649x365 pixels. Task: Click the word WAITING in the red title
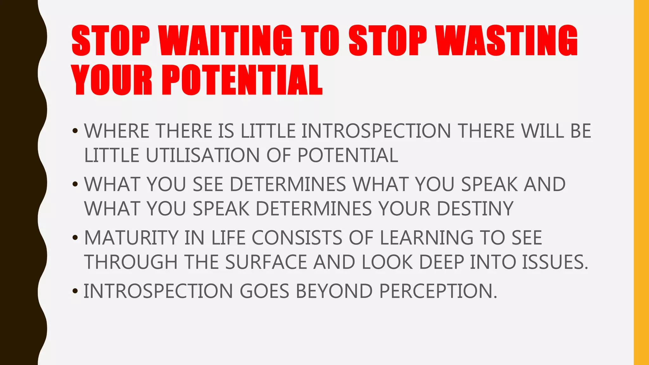coord(225,41)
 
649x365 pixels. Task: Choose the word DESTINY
coord(475,208)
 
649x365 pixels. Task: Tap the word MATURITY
coord(131,238)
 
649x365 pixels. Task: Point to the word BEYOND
coord(334,291)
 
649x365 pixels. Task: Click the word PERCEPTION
coord(438,291)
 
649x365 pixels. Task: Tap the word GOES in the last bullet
coord(264,291)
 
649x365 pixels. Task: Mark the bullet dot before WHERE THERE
coord(75,131)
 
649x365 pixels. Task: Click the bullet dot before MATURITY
coord(75,238)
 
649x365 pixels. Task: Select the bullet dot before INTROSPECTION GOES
coord(75,291)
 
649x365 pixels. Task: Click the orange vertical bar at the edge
coord(641,182)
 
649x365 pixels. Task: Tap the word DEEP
coord(442,262)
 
